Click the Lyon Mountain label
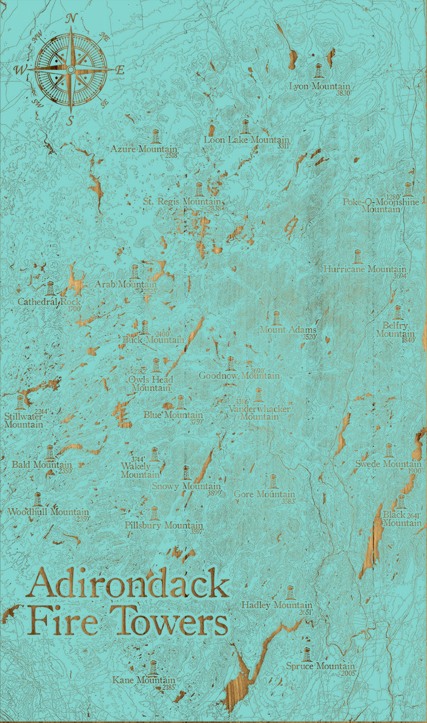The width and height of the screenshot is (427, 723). (x=320, y=87)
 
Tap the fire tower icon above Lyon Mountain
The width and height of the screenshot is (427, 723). (x=319, y=71)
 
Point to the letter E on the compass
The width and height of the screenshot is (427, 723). (x=120, y=70)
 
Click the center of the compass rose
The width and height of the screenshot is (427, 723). (x=71, y=70)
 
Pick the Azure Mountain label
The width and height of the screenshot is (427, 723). (x=144, y=149)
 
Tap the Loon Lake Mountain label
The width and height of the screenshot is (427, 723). (x=246, y=140)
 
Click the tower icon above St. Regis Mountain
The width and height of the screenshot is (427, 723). (x=199, y=189)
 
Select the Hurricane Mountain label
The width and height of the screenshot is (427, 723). (x=365, y=269)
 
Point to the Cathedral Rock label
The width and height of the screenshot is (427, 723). (x=49, y=302)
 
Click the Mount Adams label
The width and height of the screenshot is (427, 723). (x=288, y=330)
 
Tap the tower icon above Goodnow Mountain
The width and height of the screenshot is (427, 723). (x=230, y=363)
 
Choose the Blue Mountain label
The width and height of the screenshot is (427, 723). (x=173, y=415)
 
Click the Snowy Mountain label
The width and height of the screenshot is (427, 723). (x=186, y=487)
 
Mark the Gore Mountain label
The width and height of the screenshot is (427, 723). (x=264, y=494)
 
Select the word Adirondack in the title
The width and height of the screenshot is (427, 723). (x=128, y=584)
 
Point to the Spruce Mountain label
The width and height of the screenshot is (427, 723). (x=320, y=667)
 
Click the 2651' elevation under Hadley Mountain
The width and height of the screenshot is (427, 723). (x=306, y=612)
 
